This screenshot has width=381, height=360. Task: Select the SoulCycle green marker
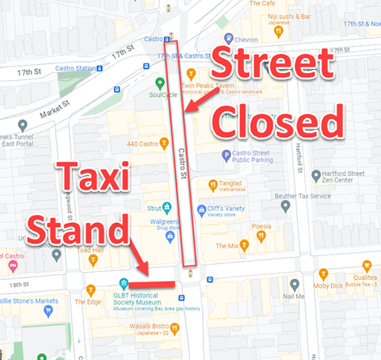tap(160, 82)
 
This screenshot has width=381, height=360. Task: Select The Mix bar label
tap(227, 246)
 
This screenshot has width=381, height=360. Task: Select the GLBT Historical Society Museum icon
tap(124, 285)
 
